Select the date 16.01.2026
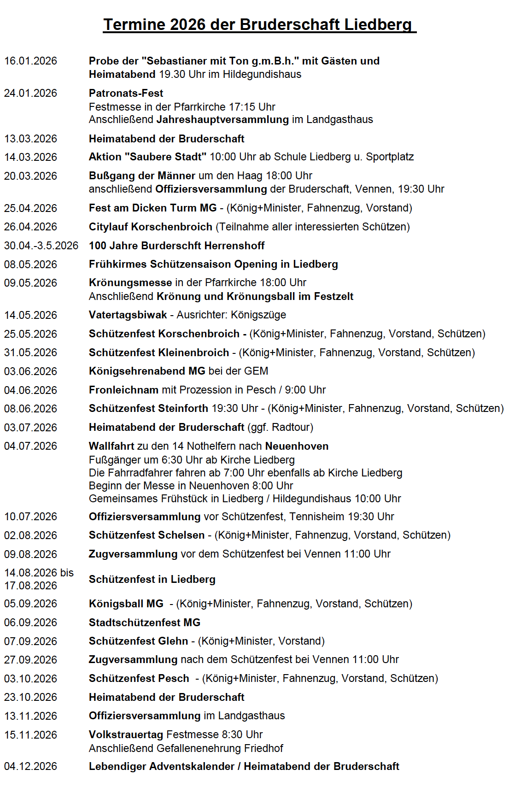[x=30, y=61]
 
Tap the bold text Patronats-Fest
[x=126, y=93]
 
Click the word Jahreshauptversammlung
[x=222, y=119]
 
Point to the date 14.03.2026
[x=30, y=157]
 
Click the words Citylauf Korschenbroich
[x=151, y=227]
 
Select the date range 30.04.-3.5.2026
[x=41, y=246]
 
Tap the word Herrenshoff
[x=234, y=246]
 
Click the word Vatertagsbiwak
[x=128, y=315]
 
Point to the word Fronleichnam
[x=123, y=390]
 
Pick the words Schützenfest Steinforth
[x=148, y=408]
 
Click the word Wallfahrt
[x=111, y=446]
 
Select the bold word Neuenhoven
[x=297, y=446]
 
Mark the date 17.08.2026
[x=30, y=586]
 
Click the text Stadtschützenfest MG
[x=145, y=623]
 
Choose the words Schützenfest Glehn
[x=138, y=641]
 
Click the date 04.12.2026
[x=30, y=766]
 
